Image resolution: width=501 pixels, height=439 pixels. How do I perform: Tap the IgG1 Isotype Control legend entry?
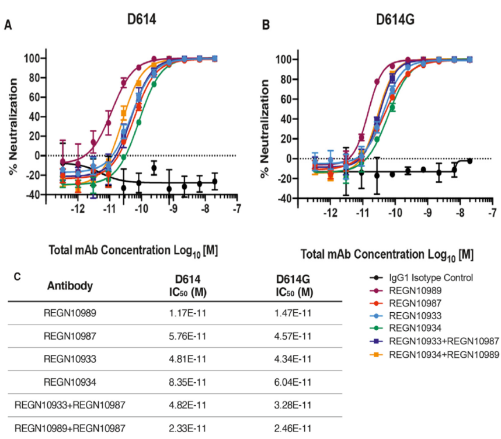pos(433,278)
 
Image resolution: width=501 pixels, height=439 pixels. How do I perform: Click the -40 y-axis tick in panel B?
pos(283,199)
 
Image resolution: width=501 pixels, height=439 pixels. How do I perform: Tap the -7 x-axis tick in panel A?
pos(236,210)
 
